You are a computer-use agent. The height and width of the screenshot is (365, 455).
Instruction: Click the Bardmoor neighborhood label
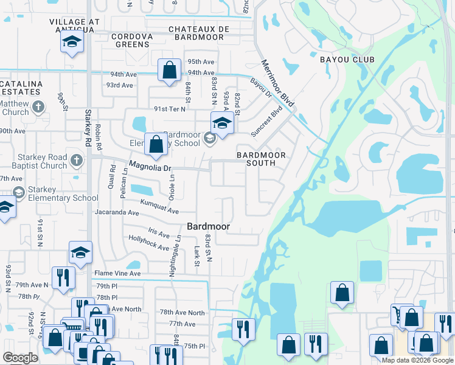coord(208,226)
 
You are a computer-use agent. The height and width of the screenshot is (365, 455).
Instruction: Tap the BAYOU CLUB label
coord(347,60)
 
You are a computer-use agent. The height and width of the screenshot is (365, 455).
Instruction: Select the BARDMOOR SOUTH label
coord(261,159)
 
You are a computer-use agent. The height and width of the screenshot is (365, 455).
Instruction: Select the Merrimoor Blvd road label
coord(277,85)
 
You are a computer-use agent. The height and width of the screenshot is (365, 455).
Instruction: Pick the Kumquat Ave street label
coord(159,206)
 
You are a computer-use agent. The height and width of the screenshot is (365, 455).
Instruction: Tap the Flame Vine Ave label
coord(117,273)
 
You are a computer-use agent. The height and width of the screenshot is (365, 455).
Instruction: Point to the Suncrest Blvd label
coord(268,122)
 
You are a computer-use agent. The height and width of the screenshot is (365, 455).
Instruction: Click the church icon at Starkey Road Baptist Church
coord(76,161)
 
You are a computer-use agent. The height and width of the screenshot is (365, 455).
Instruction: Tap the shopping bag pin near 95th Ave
coord(168,69)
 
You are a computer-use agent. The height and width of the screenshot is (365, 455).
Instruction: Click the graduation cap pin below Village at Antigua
coord(72,43)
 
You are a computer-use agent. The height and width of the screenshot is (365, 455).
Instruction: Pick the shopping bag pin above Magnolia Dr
coord(156,145)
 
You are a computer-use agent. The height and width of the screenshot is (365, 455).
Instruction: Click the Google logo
coord(20,358)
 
